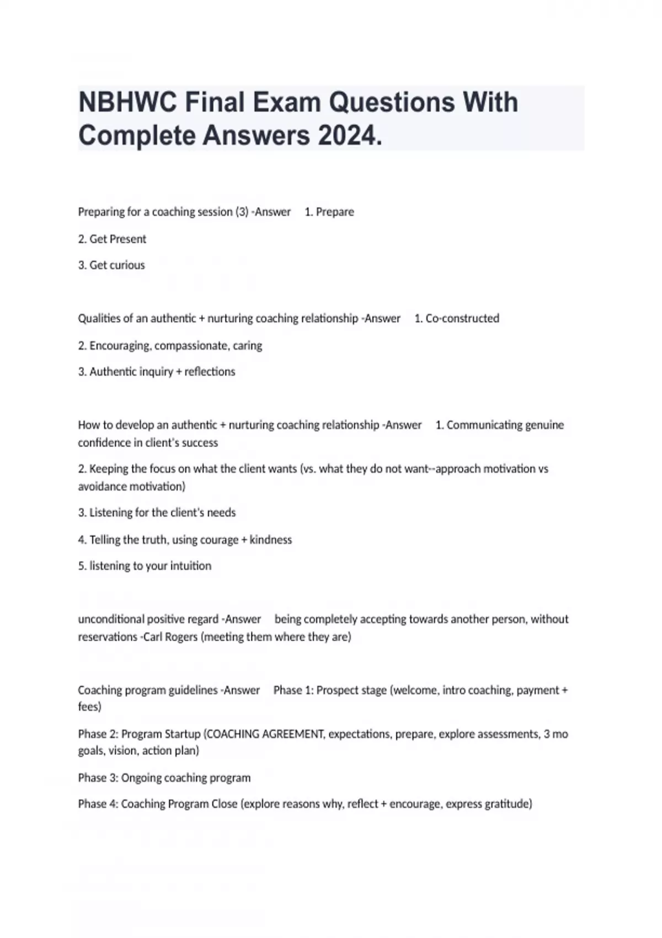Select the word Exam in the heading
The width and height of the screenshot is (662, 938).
(x=287, y=103)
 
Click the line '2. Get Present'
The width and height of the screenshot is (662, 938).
(x=112, y=239)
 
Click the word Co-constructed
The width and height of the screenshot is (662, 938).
(x=462, y=318)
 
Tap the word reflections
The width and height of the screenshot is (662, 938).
(x=210, y=372)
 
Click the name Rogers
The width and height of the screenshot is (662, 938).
(x=181, y=637)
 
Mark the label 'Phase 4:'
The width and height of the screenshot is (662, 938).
(x=98, y=804)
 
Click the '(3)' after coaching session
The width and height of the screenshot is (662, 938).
(x=242, y=212)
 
